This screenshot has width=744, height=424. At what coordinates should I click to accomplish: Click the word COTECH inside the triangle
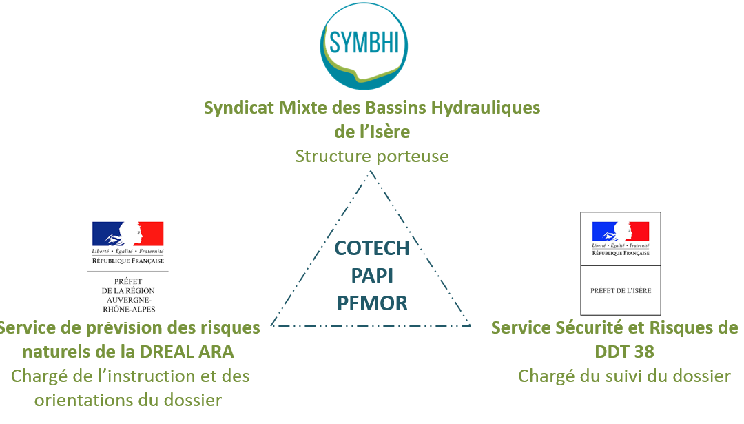coord(371,248)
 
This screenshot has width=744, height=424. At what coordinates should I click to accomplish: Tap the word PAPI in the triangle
coord(371,275)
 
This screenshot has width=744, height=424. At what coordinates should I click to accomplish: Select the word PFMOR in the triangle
coord(371,302)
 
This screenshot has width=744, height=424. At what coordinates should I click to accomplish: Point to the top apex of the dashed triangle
coord(371,170)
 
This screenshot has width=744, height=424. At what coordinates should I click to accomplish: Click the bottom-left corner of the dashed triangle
coord(271,325)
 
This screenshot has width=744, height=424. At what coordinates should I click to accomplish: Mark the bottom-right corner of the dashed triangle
coord(471,325)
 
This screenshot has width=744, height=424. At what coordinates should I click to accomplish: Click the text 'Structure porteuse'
coord(371,157)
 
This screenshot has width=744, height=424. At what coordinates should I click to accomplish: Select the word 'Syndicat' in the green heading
coord(238,108)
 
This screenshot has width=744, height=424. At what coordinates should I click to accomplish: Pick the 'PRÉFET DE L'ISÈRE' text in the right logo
coord(621,290)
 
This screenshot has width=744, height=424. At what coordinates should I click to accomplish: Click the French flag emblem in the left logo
coord(128,234)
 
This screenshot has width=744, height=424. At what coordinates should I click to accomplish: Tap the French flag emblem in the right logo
coord(621,232)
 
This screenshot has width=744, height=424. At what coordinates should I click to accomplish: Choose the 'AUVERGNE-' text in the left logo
coord(128,299)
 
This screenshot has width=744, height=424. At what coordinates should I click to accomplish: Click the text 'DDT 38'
coord(623,352)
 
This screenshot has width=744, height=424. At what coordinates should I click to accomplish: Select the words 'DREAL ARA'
coord(187,352)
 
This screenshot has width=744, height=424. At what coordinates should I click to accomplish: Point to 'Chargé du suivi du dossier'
coord(623,376)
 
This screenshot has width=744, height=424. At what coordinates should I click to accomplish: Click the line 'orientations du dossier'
coord(128,400)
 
